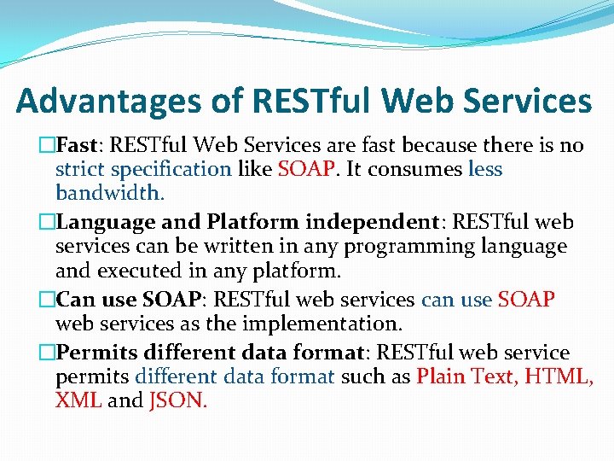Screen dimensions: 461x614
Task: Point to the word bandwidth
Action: pos(109,193)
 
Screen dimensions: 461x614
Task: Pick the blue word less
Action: pos(485,169)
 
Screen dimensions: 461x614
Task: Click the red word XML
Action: pos(78,400)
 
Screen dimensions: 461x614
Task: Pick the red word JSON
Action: pos(177,400)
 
